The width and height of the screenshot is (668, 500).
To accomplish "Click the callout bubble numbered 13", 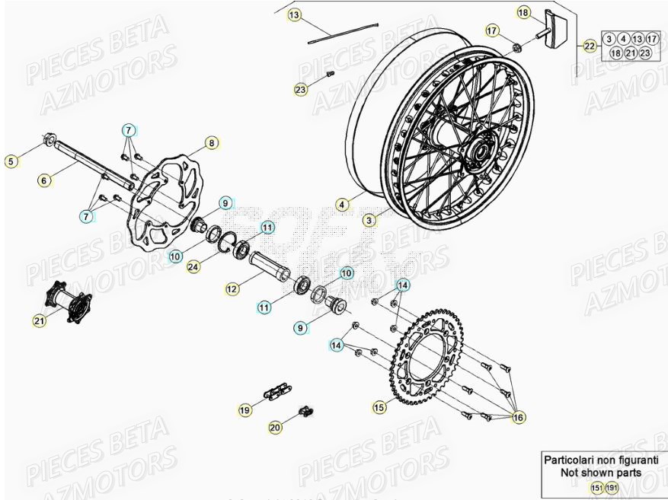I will pos(294,14).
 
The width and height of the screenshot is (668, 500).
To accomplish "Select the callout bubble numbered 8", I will pos(211,142).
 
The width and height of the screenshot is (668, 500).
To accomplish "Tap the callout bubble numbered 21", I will pos(39,322).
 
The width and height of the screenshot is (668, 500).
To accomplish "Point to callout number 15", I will pos(379,408).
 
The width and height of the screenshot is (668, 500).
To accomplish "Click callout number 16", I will pos(519,417).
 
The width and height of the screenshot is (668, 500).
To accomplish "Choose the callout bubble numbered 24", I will pos(193,266).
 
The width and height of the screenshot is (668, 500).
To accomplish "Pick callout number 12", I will pos(232,289).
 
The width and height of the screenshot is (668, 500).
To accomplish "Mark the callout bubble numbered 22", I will pos(589,46).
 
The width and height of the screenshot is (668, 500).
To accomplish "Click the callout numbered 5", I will pos(11,161).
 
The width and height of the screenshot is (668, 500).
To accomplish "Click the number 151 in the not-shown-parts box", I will pos(598,487).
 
